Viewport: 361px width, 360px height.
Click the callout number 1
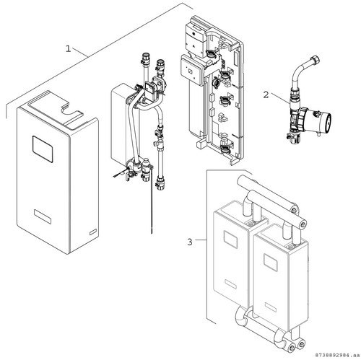pos(69,49)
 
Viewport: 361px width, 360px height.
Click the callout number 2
pos(266,95)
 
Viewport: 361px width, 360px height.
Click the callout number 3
pos(190,242)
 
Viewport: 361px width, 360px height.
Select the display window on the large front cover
pos(43,149)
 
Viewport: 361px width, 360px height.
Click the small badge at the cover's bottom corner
pos(93,232)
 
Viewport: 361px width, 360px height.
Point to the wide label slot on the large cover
pos(43,216)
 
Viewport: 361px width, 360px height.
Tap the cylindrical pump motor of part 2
pos(319,120)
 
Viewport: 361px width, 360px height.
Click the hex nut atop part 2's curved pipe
pos(316,59)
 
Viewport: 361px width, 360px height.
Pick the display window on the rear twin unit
pos(230,240)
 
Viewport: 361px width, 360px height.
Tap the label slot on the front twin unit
pos(271,307)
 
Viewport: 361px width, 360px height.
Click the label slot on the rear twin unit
pos(230,284)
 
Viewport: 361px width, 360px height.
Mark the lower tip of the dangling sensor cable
pos(152,232)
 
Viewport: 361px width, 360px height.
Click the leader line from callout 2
pos(280,99)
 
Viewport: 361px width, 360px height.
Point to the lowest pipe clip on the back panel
pos(225,149)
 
